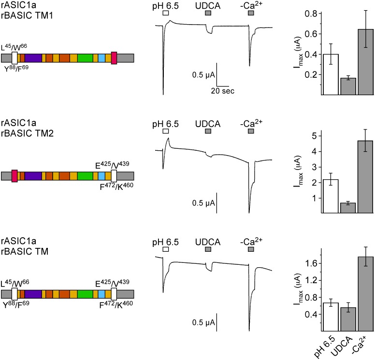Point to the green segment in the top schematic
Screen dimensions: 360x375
click(x=85, y=58)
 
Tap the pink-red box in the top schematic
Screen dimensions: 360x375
click(x=114, y=58)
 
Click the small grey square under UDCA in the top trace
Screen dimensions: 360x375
click(x=208, y=13)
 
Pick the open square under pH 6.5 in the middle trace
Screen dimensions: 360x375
click(x=166, y=131)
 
